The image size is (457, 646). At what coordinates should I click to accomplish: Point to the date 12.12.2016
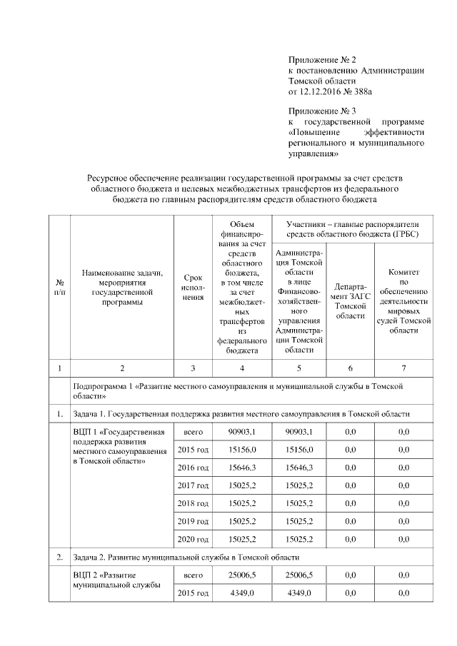coord(325,91)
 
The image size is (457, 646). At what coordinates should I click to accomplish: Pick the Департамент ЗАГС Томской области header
coord(351,301)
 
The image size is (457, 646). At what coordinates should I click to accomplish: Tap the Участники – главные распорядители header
coord(352,229)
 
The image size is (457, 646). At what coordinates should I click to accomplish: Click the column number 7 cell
coord(403,368)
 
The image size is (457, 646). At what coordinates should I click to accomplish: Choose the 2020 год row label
coord(192,539)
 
